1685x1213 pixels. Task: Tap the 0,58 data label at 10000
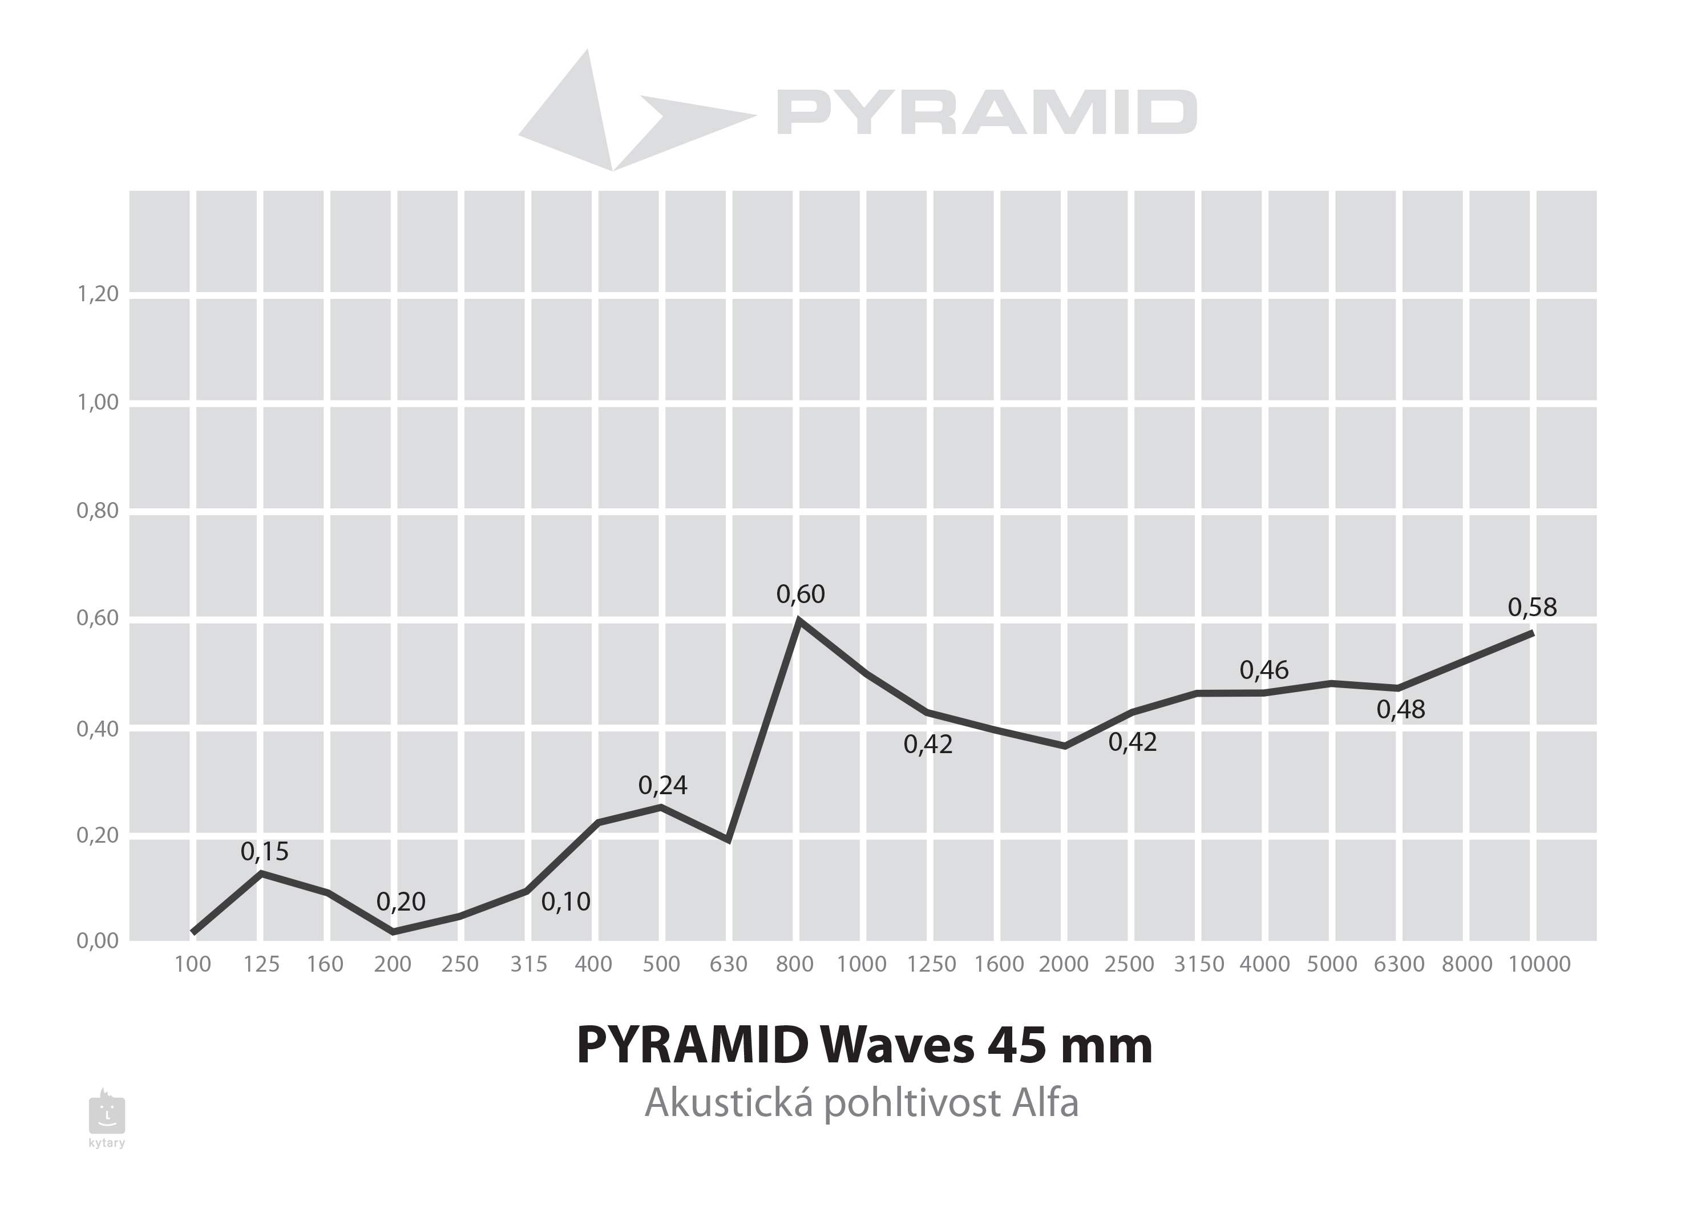coord(1532,608)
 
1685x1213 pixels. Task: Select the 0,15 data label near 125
coord(265,852)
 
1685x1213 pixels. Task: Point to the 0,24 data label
coord(662,785)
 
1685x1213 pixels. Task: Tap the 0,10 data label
coord(565,902)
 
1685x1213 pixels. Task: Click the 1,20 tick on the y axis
coord(98,294)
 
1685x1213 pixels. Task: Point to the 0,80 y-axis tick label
coord(98,511)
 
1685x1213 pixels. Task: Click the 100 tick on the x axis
coord(192,964)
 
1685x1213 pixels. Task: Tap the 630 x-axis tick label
coord(728,964)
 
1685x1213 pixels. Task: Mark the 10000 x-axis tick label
coord(1539,964)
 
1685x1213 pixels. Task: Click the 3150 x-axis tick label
coord(1198,964)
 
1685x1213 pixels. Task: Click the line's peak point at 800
coord(798,620)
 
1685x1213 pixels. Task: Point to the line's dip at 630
coord(729,840)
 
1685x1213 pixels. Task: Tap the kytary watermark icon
coord(107,1114)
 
